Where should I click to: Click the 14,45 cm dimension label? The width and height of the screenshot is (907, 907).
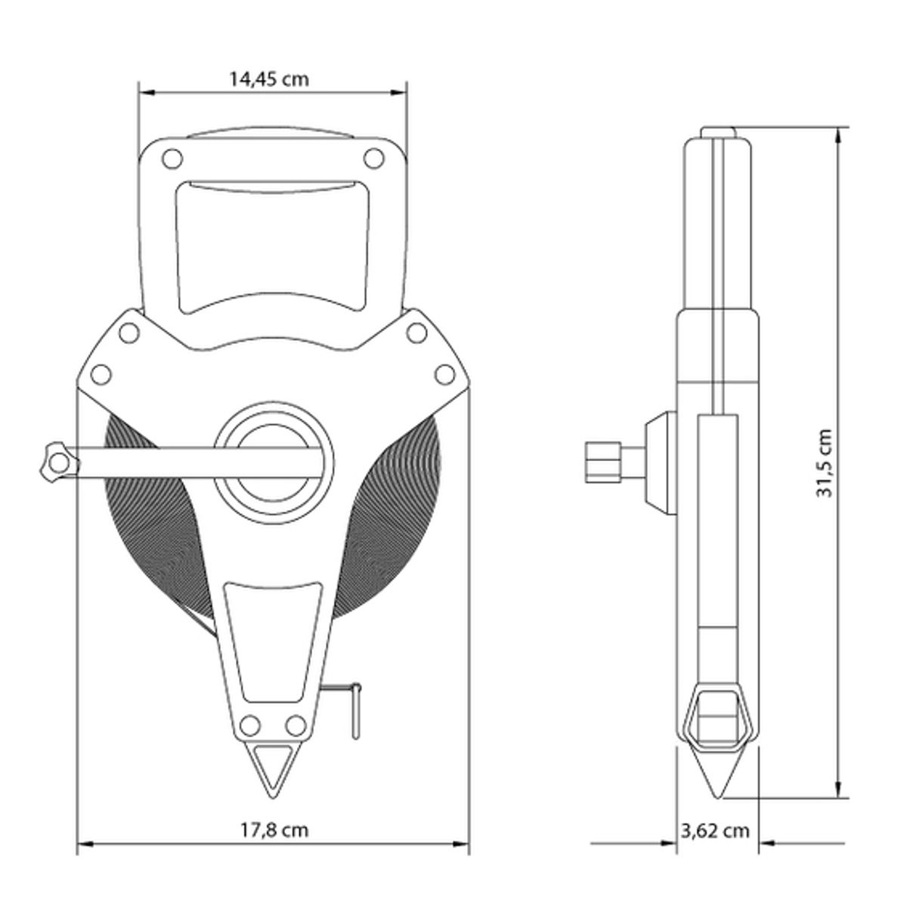coord(269,79)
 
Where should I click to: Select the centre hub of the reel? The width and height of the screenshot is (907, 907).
coord(272,463)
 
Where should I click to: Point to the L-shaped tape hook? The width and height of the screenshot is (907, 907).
coord(351,707)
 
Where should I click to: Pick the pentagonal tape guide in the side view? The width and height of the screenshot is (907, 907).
coord(715,717)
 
